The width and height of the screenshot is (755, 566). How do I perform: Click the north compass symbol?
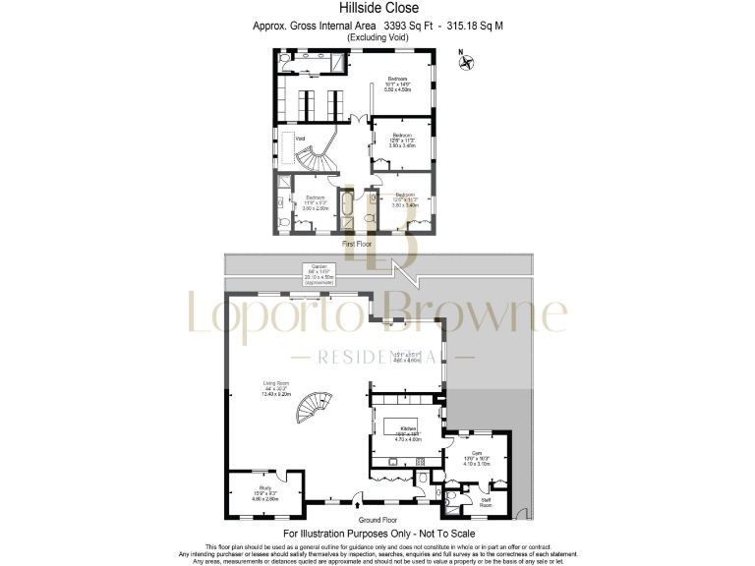[x=468, y=64]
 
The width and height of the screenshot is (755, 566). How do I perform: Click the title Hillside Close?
[x=378, y=8]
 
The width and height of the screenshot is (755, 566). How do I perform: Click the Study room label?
[x=265, y=490]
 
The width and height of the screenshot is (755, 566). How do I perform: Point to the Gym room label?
[x=476, y=457]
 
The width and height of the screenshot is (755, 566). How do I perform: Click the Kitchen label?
[x=408, y=432]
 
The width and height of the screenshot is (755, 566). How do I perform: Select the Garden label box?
[x=319, y=272]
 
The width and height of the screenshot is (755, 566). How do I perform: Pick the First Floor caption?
[x=356, y=242]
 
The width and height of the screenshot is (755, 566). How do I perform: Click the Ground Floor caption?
[x=377, y=518]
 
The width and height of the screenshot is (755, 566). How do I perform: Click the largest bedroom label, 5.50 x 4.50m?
[x=397, y=84]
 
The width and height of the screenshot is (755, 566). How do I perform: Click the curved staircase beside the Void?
[x=317, y=158]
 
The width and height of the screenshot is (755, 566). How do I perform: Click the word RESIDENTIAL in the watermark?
[x=377, y=356]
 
